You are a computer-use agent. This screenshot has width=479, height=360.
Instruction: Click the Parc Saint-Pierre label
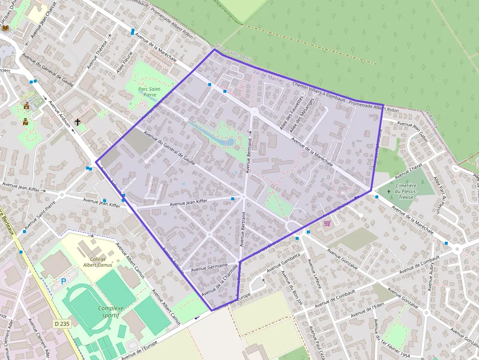pos(150,92)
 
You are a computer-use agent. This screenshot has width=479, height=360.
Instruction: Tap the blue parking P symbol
pos(63,282)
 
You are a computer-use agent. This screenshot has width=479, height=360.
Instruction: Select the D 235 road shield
pos(60,324)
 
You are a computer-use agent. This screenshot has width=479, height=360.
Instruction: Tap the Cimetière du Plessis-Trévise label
pos(406,189)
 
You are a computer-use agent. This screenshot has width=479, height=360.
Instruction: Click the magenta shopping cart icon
pos(327,223)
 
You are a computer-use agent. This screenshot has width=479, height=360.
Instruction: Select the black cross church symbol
pos(77,121)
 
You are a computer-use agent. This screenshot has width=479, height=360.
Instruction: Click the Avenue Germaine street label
pos(209,267)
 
